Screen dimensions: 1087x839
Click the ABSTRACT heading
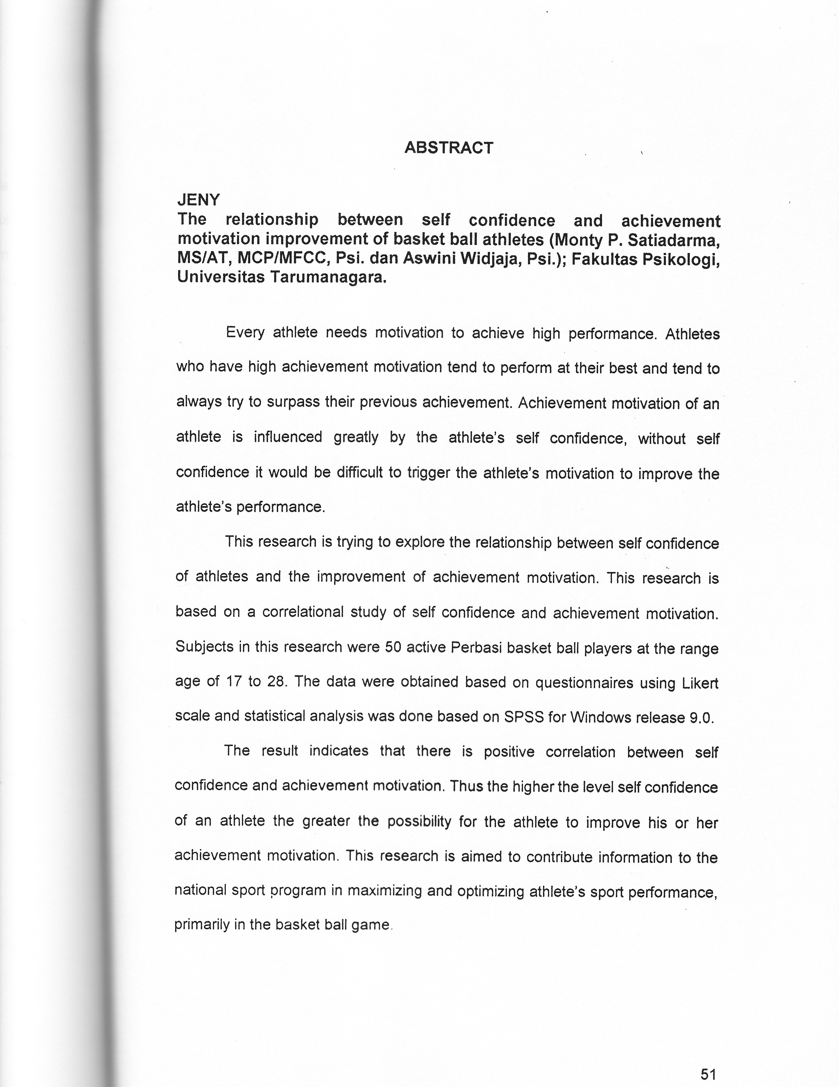coord(449,148)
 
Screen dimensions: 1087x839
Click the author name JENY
coord(198,200)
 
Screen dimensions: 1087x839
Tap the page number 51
coord(708,1071)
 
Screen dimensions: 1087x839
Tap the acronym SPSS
coord(523,717)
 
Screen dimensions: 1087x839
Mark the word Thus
coord(467,787)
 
